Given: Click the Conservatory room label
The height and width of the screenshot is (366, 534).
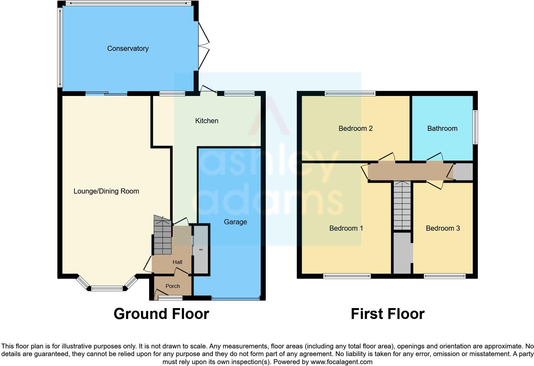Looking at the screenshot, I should coord(128,49).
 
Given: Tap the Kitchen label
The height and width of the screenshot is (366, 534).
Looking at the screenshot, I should coord(207,121).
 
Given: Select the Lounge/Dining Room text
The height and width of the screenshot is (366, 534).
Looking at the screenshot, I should coord(106,191).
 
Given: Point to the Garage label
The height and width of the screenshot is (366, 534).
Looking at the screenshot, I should coord(235,222).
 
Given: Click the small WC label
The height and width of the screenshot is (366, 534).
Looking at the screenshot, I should coord(201,250).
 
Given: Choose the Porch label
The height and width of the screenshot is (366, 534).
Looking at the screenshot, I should coord(172,286).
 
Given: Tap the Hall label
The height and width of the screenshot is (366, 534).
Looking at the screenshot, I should coord(177,262).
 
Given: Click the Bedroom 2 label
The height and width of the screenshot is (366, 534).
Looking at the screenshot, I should coord(355,129).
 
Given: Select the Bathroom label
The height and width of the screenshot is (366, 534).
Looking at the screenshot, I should coord(442,129).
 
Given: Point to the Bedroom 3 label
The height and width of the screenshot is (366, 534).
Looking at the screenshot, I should coord(443,228).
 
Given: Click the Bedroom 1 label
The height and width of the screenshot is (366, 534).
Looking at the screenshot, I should coord(346,228).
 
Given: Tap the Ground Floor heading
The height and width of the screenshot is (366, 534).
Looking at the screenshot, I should coord(161,314).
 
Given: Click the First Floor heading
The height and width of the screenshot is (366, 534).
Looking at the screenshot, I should coord(387,314).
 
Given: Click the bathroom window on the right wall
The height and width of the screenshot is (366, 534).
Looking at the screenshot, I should coord(475,127).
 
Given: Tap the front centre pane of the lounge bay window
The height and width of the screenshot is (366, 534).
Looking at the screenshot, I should coord(107,289).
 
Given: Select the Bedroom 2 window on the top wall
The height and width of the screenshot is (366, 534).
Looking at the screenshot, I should coord(350,94).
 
